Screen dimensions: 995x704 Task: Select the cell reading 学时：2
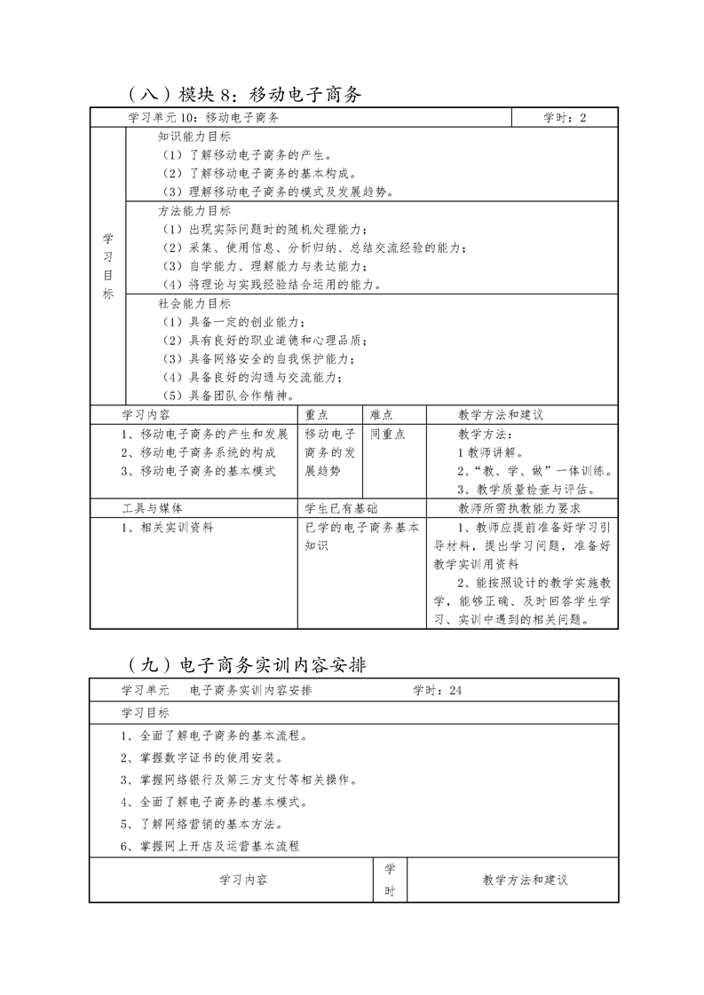click(565, 118)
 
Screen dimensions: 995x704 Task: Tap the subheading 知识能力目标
click(194, 137)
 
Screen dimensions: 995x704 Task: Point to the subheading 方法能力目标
click(194, 211)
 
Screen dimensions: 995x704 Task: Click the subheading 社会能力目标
click(194, 303)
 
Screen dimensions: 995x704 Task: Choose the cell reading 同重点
click(388, 435)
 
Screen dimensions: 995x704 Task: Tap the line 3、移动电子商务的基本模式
click(199, 471)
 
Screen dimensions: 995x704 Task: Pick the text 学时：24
click(439, 690)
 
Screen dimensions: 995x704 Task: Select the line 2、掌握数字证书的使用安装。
click(202, 758)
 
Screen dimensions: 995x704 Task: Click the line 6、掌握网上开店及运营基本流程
click(210, 846)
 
